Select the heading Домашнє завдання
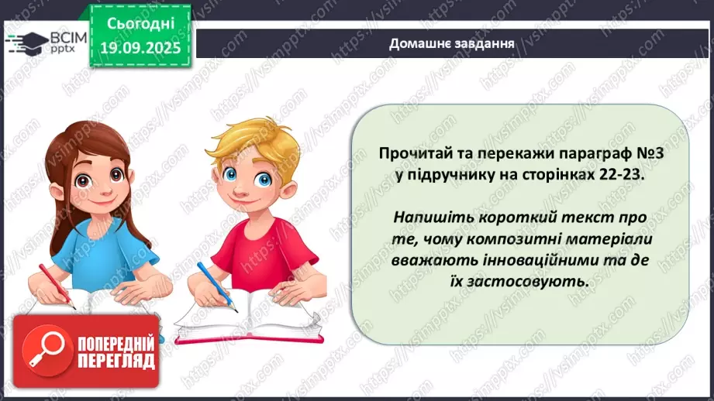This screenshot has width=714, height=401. [x=452, y=43]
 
